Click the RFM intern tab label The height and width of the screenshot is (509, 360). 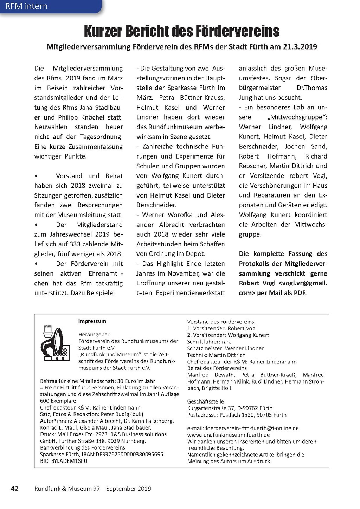[x=26, y=6]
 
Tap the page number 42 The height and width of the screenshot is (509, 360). [x=15, y=488]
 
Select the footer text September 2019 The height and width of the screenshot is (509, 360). [x=129, y=489]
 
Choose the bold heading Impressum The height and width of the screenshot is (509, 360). [x=92, y=321]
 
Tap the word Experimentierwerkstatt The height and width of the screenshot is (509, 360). [x=191, y=293]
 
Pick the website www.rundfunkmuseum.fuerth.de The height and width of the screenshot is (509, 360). [x=229, y=435]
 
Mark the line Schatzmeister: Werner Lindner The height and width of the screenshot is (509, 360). [x=225, y=348]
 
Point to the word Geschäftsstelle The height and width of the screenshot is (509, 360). [x=206, y=401]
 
